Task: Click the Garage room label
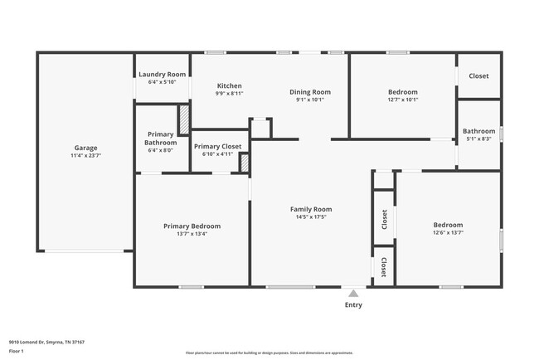[85, 146]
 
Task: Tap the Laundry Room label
[162, 74]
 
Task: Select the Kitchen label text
[229, 85]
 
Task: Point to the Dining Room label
[310, 91]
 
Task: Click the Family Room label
[310, 209]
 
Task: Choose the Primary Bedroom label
[192, 226]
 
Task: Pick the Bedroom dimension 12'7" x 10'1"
[403, 100]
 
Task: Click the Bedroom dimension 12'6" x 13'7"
[448, 233]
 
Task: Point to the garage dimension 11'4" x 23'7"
[85, 155]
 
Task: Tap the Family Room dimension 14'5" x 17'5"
[310, 217]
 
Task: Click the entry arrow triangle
[353, 293]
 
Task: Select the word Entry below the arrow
[353, 304]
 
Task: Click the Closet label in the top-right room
[478, 75]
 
